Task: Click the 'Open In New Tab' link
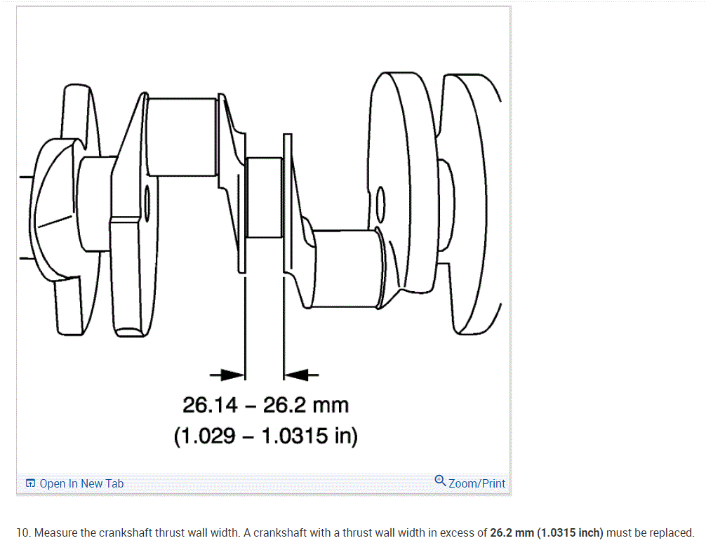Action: pyautogui.click(x=81, y=483)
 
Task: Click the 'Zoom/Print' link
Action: pyautogui.click(x=477, y=483)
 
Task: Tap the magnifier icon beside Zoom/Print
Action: pyautogui.click(x=440, y=481)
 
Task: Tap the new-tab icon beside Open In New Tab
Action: pyautogui.click(x=30, y=483)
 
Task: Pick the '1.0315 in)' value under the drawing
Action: pyautogui.click(x=309, y=436)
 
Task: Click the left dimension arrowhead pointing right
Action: pyautogui.click(x=233, y=375)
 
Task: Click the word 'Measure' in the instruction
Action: pyautogui.click(x=55, y=532)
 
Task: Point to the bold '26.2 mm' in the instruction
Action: pyautogui.click(x=512, y=532)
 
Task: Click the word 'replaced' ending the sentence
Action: pyautogui.click(x=671, y=532)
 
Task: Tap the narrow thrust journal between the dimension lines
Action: pyautogui.click(x=265, y=199)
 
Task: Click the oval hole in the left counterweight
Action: pyautogui.click(x=147, y=204)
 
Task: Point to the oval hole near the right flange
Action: pyautogui.click(x=380, y=204)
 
